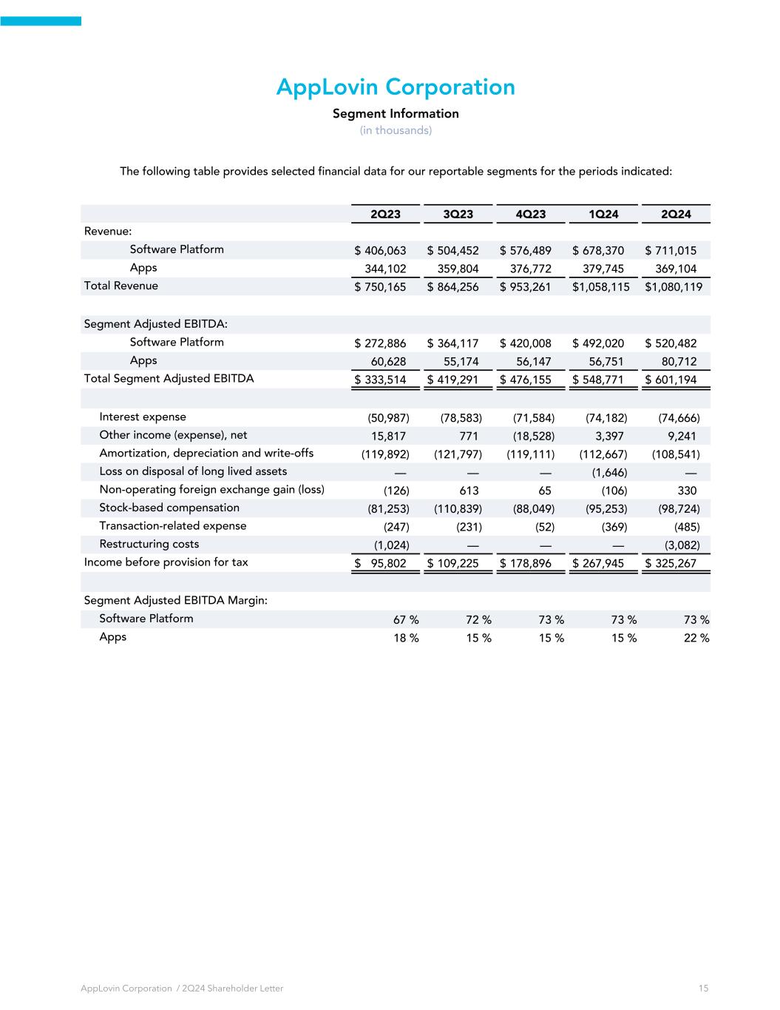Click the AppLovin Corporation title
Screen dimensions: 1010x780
[396, 87]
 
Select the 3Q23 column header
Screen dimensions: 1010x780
[458, 214]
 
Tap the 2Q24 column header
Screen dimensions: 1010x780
[676, 214]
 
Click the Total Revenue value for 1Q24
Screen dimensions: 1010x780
[601, 287]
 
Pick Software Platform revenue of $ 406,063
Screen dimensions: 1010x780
[381, 251]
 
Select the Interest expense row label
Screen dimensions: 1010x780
[143, 417]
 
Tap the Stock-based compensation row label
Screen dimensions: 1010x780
[169, 508]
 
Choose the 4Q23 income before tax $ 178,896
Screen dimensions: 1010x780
[526, 564]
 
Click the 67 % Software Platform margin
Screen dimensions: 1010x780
[406, 620]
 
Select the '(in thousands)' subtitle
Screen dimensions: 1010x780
[396, 130]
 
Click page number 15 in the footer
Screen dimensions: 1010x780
[703, 989]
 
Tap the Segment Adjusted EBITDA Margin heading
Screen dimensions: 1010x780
[176, 601]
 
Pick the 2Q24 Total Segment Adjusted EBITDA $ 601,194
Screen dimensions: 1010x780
[671, 380]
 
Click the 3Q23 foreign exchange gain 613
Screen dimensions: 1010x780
[469, 491]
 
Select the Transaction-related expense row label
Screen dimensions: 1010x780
[173, 526]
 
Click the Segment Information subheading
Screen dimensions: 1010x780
[396, 114]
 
